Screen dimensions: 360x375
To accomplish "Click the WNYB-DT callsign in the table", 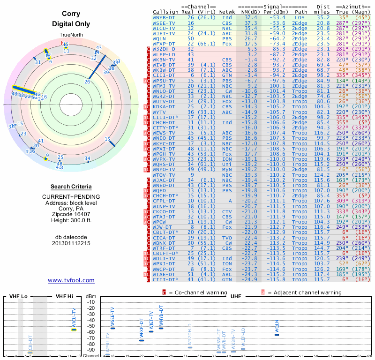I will click(164, 17).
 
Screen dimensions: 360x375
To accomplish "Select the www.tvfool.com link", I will click(71, 280).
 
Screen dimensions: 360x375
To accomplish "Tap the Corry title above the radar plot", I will click(71, 14).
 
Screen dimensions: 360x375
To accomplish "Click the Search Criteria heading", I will click(71, 187).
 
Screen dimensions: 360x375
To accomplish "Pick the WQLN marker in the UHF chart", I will click(277, 334).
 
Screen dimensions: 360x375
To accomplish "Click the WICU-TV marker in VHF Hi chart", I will click(74, 329).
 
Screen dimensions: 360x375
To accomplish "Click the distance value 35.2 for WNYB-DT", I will click(323, 17).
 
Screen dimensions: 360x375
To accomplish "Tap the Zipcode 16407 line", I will click(71, 213).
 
